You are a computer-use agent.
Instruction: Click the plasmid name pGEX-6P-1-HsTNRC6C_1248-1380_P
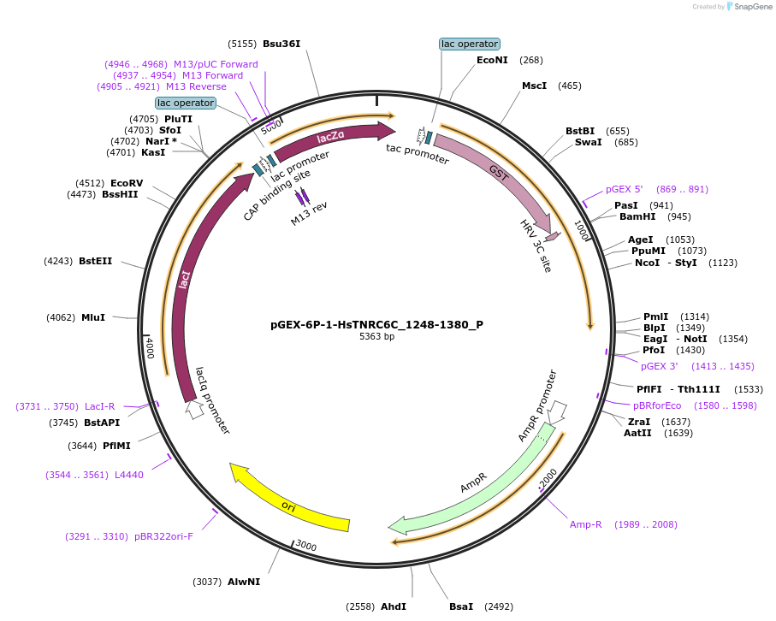pos(376,324)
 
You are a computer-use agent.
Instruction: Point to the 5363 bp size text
pos(376,337)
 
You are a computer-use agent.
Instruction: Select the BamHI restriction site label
pos(637,216)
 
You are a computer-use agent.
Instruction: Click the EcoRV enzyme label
pos(127,183)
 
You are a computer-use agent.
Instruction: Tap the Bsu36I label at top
pos(281,44)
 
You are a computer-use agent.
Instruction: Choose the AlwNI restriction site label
pos(244,582)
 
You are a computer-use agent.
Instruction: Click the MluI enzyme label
pos(93,317)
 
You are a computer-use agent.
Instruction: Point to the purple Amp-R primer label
pos(586,524)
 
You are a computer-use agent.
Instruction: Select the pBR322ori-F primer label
pos(163,536)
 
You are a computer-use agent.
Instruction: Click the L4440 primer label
pos(129,475)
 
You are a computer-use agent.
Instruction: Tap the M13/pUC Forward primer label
pos(216,64)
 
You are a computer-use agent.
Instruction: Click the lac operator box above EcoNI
pos(469,44)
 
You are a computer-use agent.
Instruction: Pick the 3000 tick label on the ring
pos(305,547)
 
